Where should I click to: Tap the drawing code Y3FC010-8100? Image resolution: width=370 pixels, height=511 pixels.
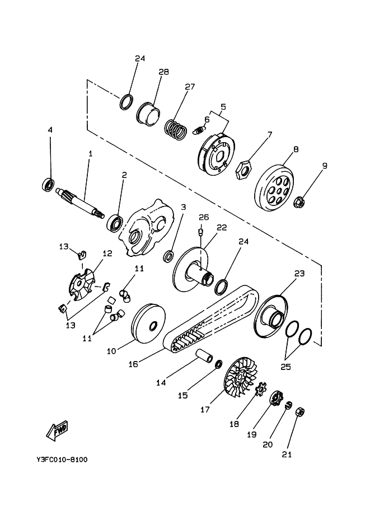[62, 460]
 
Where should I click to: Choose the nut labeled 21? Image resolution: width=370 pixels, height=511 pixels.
[299, 412]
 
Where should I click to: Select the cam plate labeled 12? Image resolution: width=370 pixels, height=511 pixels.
[82, 283]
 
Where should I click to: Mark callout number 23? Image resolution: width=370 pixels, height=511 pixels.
[299, 274]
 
